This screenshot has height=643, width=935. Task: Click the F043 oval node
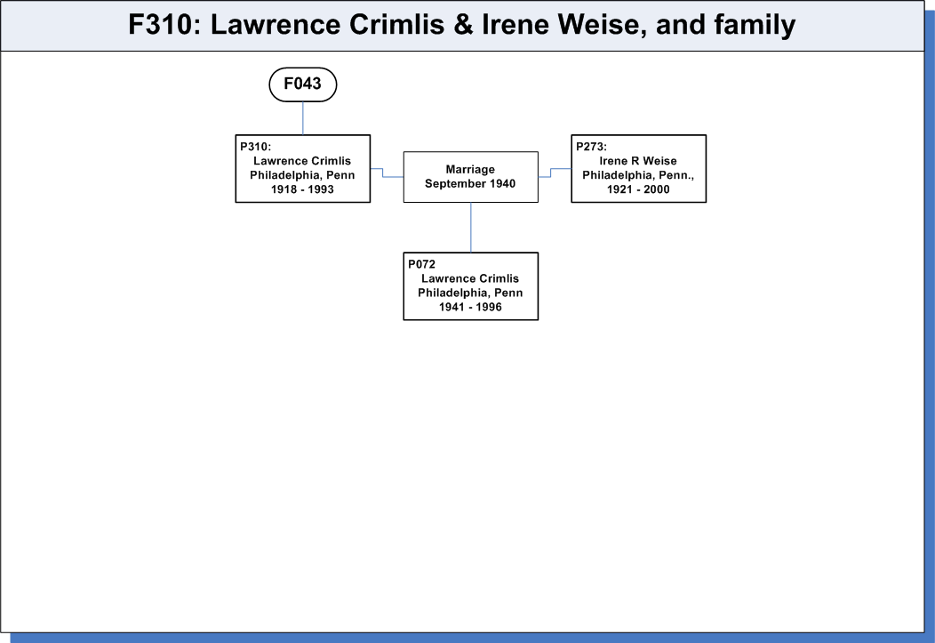coord(303,84)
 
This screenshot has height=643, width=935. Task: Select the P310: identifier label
coord(256,147)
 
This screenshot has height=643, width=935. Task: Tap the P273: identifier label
coord(592,147)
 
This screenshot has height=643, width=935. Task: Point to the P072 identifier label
coord(421,264)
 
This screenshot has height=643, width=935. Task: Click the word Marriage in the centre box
coord(470,169)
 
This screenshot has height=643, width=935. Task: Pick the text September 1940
coord(470,184)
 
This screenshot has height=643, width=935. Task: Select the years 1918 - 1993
coord(302,189)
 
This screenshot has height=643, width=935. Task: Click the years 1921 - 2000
coord(638,189)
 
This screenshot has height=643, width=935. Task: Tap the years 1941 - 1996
coord(470,307)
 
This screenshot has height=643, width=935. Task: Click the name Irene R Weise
coord(638,161)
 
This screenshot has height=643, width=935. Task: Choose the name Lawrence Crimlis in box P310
coord(302,161)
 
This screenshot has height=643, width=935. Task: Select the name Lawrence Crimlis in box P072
coord(470,278)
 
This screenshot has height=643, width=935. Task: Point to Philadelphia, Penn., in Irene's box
coord(638,175)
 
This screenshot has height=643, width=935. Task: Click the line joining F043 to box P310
coord(303,118)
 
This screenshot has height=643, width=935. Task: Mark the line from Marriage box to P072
coord(471,228)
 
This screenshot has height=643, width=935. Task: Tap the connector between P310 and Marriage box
coord(383,173)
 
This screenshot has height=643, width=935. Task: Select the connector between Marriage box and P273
coord(551,173)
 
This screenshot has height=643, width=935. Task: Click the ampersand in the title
coord(463,25)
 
